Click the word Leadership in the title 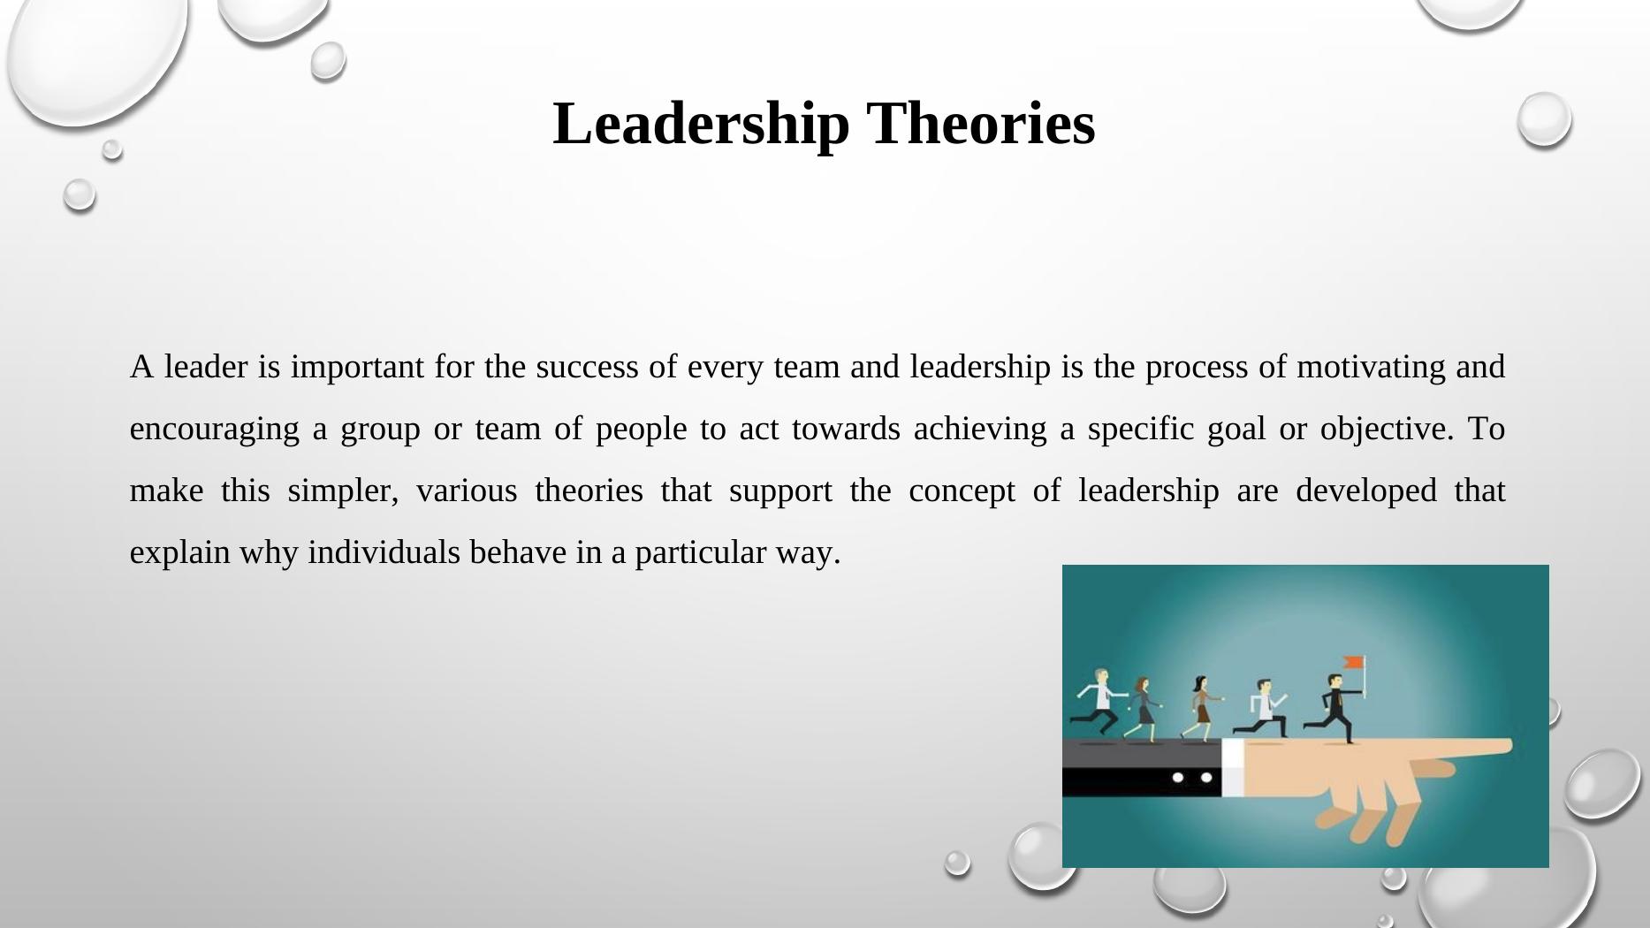pos(701,124)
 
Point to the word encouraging pos(215,430)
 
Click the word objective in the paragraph pos(1385,430)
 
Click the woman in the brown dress pos(1201,708)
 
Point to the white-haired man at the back pos(1099,702)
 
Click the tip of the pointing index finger pos(1510,745)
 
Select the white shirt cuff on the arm pos(1233,767)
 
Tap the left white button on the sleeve pos(1177,778)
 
